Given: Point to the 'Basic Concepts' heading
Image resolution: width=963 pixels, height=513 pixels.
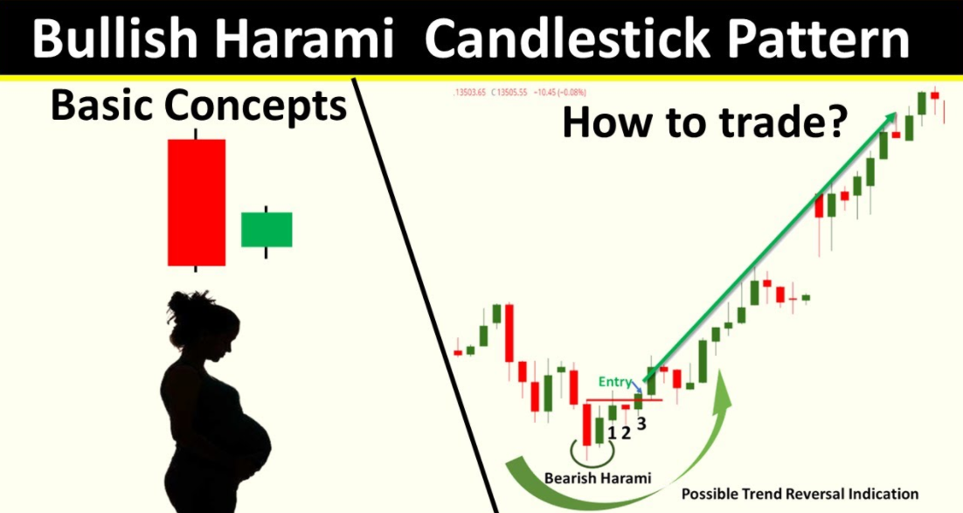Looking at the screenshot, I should [x=198, y=106].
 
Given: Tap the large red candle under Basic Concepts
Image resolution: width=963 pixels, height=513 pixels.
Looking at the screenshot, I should [x=197, y=202].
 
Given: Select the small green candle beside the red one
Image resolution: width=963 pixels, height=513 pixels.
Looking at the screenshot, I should [x=267, y=229].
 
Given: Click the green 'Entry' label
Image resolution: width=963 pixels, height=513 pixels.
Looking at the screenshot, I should [x=613, y=382].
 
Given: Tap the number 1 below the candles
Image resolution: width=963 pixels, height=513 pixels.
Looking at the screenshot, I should [x=612, y=432].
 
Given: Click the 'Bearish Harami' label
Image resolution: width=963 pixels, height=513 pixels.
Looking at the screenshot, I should [x=598, y=478].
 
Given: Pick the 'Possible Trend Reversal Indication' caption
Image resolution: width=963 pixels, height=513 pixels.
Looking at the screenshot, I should [x=800, y=494].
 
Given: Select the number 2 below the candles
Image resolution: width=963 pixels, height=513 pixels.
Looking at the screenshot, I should [x=626, y=432].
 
